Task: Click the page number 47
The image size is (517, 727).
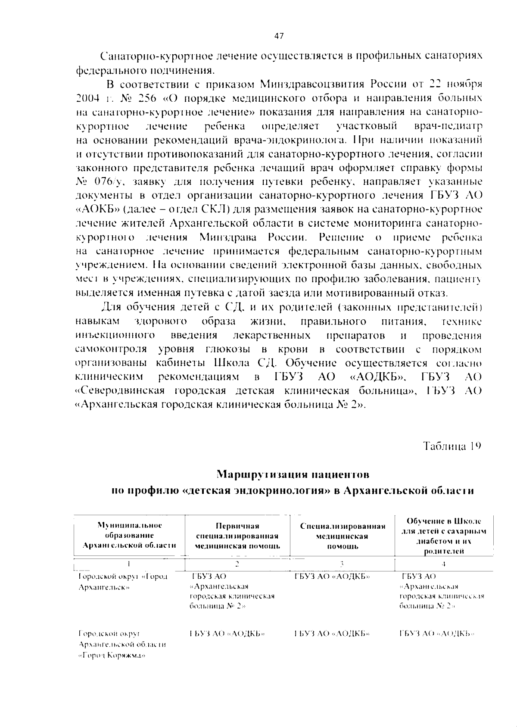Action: pos(279,37)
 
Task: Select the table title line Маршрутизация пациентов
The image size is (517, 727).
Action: pos(293,474)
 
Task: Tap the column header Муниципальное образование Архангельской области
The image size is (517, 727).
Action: pos(129,535)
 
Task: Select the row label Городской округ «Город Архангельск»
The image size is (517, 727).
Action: pos(123,581)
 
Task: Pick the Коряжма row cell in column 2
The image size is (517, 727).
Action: pos(227,634)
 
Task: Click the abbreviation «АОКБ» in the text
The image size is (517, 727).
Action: pos(97,210)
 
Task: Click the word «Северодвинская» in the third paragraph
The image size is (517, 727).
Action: pos(120,391)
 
